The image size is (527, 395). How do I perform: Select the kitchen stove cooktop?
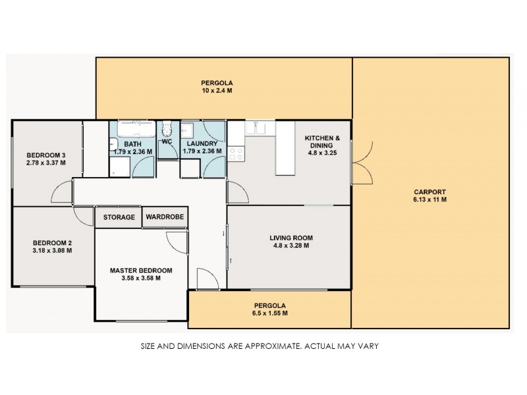pos(236,153)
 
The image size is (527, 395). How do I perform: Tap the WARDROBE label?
pos(165,217)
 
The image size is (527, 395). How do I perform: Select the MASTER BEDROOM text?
pos(141,270)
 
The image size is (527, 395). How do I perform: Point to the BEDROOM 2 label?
pos(51,242)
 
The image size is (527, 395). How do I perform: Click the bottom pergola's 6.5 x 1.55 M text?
pos(271,313)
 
